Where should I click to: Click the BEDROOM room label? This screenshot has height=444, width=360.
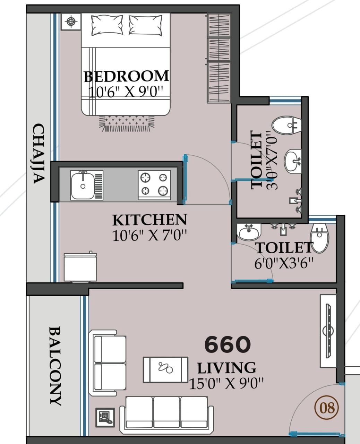pyautogui.click(x=126, y=76)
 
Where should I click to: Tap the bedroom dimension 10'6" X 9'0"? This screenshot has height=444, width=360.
pyautogui.click(x=126, y=92)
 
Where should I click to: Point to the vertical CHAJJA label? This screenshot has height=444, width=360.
pyautogui.click(x=39, y=154)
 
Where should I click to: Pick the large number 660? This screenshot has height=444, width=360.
pyautogui.click(x=228, y=344)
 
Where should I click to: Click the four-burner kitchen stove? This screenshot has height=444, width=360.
pyautogui.click(x=154, y=185)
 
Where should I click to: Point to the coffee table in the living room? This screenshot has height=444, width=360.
pyautogui.click(x=165, y=369)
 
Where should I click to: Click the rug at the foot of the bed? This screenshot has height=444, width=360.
pyautogui.click(x=127, y=123)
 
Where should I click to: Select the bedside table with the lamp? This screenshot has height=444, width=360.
pyautogui.click(x=71, y=22)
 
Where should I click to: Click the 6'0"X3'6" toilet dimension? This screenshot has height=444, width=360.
pyautogui.click(x=284, y=263)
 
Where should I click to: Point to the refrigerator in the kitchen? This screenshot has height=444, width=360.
pyautogui.click(x=80, y=267)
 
